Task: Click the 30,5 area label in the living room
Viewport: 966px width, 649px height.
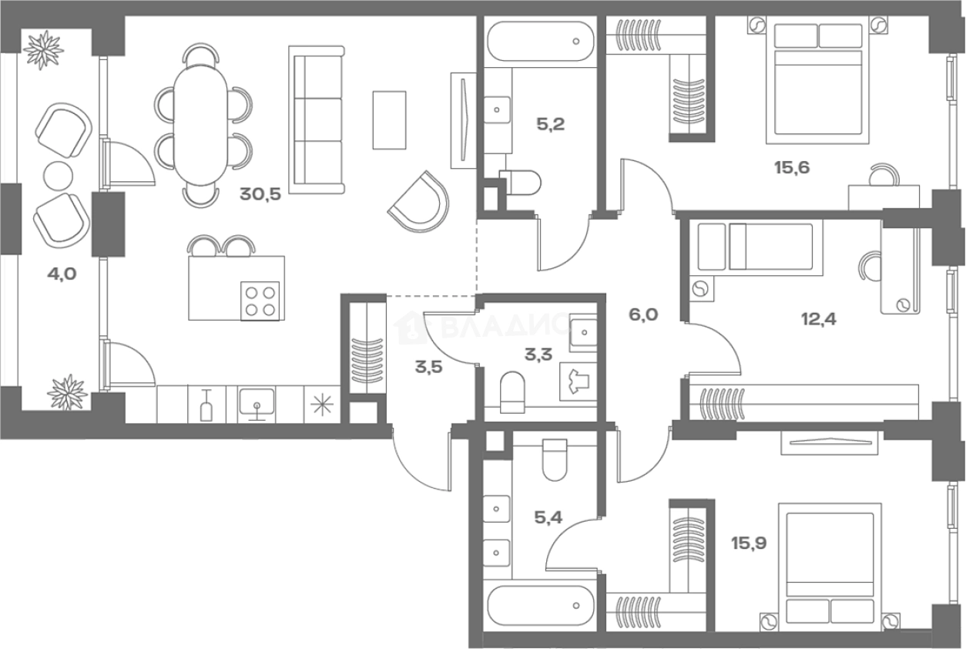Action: (260, 194)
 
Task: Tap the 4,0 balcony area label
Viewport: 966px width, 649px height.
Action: (62, 274)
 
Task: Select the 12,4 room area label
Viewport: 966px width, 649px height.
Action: (819, 319)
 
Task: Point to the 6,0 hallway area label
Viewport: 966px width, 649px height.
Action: (643, 314)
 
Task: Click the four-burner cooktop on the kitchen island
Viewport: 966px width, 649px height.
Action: (260, 301)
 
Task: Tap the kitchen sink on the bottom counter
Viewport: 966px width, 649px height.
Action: (257, 404)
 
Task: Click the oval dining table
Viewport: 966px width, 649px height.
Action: (200, 125)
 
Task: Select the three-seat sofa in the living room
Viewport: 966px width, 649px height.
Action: (317, 119)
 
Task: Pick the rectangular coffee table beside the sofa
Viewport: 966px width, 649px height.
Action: (390, 120)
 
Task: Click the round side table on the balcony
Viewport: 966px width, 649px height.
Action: (59, 176)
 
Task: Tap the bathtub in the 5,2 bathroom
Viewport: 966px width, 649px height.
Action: (541, 42)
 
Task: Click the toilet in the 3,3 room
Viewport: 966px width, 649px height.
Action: (513, 392)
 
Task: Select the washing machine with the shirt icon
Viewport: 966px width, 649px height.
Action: (578, 382)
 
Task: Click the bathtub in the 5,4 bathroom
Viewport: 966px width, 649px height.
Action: (541, 605)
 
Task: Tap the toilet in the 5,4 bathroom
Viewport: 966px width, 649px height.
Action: (555, 460)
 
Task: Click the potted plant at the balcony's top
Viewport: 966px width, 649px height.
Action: (44, 50)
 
